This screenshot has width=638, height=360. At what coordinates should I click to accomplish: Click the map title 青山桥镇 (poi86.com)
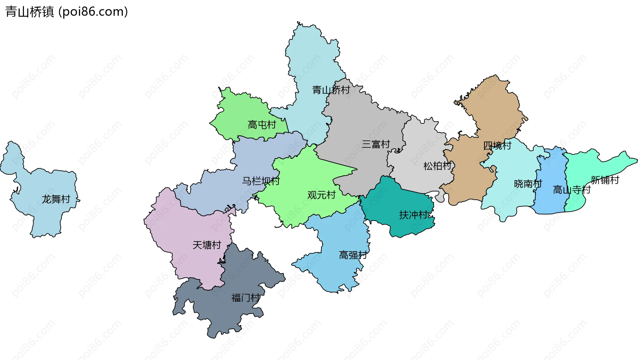pos(66,12)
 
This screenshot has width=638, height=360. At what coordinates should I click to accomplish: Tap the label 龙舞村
pos(56,199)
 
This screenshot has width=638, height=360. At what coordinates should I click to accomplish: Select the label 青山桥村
pos(331,90)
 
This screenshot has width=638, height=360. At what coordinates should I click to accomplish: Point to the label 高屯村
pos(262,125)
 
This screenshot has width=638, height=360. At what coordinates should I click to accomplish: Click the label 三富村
pos(375,144)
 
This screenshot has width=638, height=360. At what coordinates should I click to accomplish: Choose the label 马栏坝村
pos(261,181)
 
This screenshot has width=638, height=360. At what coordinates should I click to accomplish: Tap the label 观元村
pos(321,195)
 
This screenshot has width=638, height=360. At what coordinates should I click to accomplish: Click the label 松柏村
pos(437,166)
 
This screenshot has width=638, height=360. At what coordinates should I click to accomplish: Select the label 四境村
pos(497,145)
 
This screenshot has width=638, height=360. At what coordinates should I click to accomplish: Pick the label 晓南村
pos(528,184)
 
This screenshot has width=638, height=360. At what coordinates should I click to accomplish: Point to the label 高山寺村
pos(572,190)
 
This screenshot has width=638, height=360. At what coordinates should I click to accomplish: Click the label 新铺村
pos(605,180)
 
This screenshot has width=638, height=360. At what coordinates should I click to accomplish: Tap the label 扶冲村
pos(413,215)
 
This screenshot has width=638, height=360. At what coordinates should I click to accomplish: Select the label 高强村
pos(353,255)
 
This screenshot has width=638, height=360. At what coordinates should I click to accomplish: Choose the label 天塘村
pos(207,245)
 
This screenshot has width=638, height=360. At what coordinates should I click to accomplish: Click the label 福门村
pos(246,298)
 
